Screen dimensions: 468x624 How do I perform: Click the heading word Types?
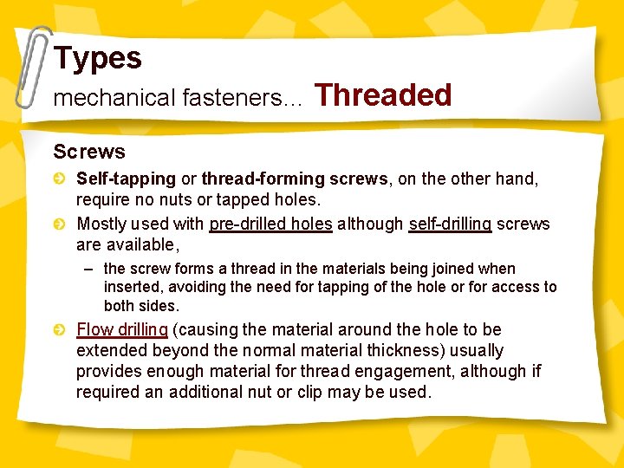(97, 58)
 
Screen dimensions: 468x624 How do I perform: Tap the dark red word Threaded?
(383, 94)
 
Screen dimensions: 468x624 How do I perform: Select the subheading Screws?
(89, 152)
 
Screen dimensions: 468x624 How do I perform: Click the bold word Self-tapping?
(126, 179)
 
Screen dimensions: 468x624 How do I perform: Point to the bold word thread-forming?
(250, 179)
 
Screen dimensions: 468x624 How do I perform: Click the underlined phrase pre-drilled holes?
(270, 224)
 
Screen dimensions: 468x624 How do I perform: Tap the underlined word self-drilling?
(450, 224)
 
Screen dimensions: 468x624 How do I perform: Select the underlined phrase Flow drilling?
(122, 329)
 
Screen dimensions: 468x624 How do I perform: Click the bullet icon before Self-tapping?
(60, 179)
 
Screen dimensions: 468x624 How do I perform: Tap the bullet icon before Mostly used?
(60, 224)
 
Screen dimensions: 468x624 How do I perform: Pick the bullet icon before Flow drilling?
(60, 329)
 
